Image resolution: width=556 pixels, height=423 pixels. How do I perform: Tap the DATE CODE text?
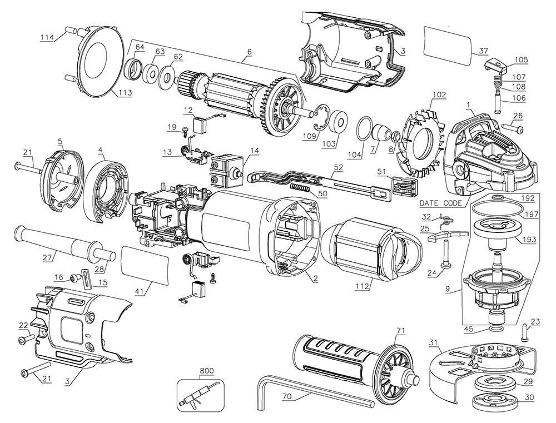click(x=441, y=203)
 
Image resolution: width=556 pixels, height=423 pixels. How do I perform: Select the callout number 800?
click(x=206, y=371)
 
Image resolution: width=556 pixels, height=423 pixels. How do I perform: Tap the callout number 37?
click(x=483, y=51)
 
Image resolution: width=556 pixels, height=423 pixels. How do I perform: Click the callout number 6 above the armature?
click(x=250, y=52)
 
